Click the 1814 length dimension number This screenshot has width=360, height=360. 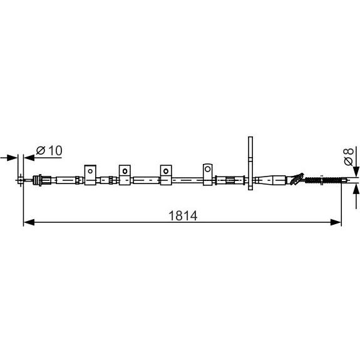pyautogui.click(x=183, y=216)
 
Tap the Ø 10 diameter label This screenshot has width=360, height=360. pyautogui.click(x=49, y=151)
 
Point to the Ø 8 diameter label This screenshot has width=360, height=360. pyautogui.click(x=348, y=157)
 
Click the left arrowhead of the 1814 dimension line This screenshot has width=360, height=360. pyautogui.click(x=29, y=222)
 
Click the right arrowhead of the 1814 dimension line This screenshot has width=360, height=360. pyautogui.click(x=336, y=222)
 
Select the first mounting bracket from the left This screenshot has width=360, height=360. pyautogui.click(x=90, y=175)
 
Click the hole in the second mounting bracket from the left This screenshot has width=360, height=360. pyautogui.click(x=125, y=171)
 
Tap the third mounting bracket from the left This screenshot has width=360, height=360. pyautogui.click(x=166, y=175)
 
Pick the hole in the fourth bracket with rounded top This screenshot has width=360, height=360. pyautogui.click(x=208, y=169)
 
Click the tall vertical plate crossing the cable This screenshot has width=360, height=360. pyautogui.click(x=250, y=163)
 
